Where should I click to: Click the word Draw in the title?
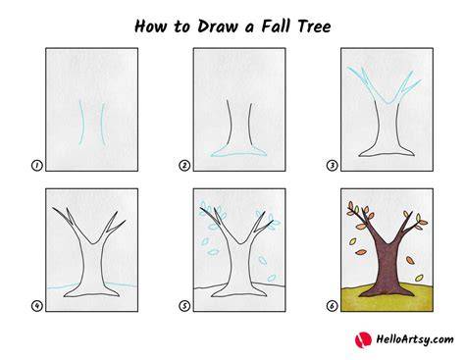tap(218, 26)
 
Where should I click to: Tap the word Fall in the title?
tap(276, 26)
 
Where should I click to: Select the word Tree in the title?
tap(314, 26)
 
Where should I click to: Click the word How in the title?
tap(151, 26)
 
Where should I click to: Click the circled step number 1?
tap(37, 166)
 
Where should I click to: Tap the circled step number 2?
tap(184, 166)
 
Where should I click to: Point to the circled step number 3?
tap(332, 166)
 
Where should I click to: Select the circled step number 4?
tap(37, 306)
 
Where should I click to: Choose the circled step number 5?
tap(184, 306)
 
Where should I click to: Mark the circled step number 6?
tap(332, 306)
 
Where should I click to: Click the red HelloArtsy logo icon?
tap(363, 340)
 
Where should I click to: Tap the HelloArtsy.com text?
tap(415, 339)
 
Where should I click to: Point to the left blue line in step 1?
tap(81, 123)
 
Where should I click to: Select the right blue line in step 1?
tap(102, 125)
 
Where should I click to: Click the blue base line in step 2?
tap(238, 154)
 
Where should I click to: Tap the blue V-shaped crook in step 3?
tap(387, 103)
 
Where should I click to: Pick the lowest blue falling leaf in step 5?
tap(272, 279)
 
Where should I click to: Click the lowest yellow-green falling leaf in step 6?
tap(419, 279)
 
